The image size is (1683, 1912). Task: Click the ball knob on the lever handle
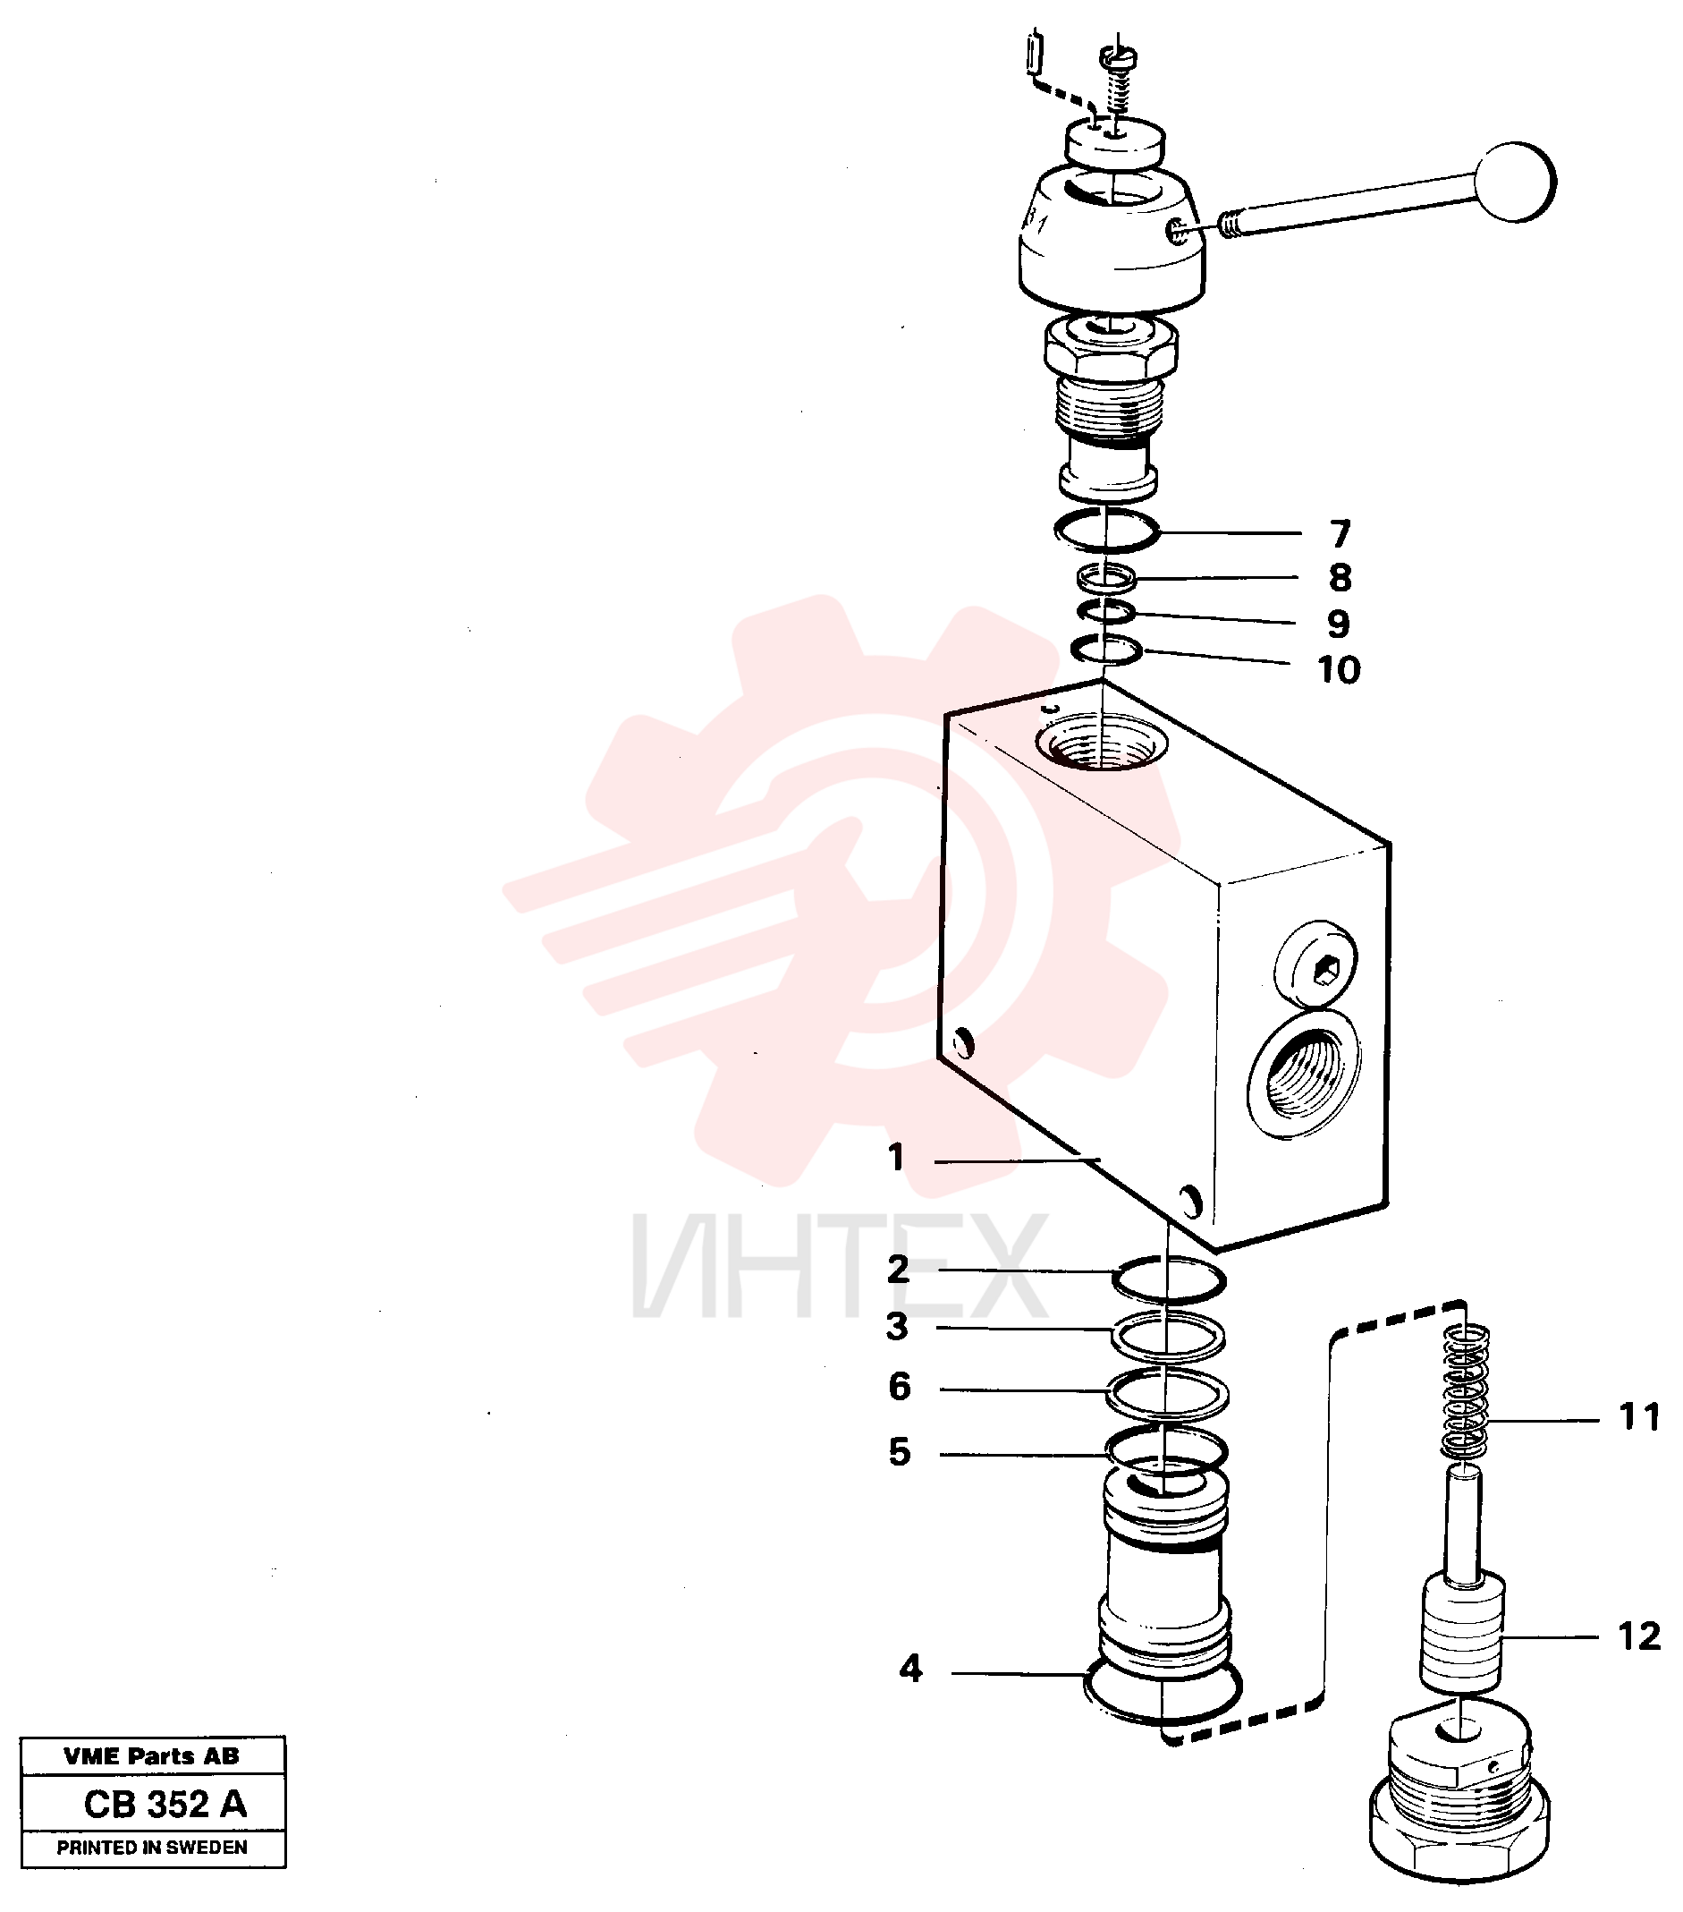point(1514,182)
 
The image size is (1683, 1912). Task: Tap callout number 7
point(1340,534)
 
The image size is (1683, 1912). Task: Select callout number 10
point(1339,670)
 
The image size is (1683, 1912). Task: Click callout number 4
point(910,1669)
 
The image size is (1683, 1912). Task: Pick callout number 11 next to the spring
point(1639,1417)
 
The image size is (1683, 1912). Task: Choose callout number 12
point(1639,1636)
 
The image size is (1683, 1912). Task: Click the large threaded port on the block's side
point(1305,1075)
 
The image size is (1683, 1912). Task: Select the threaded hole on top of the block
point(1102,741)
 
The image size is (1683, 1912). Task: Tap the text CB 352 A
point(165,1805)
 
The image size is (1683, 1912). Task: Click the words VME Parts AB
point(151,1755)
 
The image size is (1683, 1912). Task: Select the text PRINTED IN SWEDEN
point(152,1848)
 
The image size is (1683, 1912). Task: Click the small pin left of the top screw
point(1034,52)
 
